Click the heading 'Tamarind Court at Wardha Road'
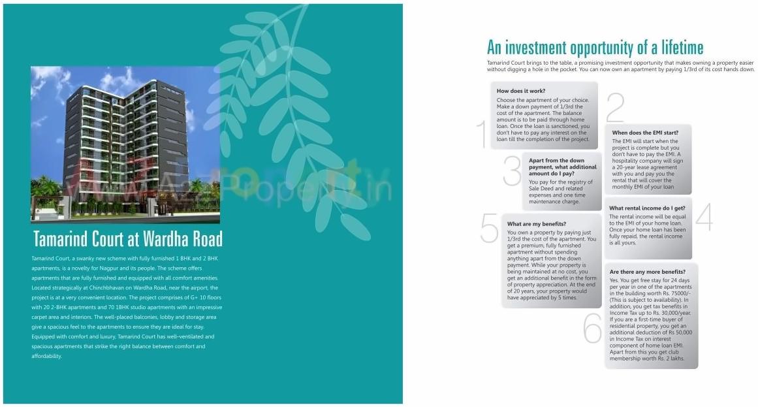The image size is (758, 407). pos(127,238)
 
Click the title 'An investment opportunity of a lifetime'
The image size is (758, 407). pos(595,48)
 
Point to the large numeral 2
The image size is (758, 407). pos(615,108)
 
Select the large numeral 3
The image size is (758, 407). pos(512,171)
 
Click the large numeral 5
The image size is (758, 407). pos(489,228)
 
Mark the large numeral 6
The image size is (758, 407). pos(592,329)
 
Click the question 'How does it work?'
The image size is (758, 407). pos(521,91)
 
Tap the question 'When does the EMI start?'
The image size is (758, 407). pos(645,133)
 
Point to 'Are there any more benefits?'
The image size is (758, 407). pos(647,271)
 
